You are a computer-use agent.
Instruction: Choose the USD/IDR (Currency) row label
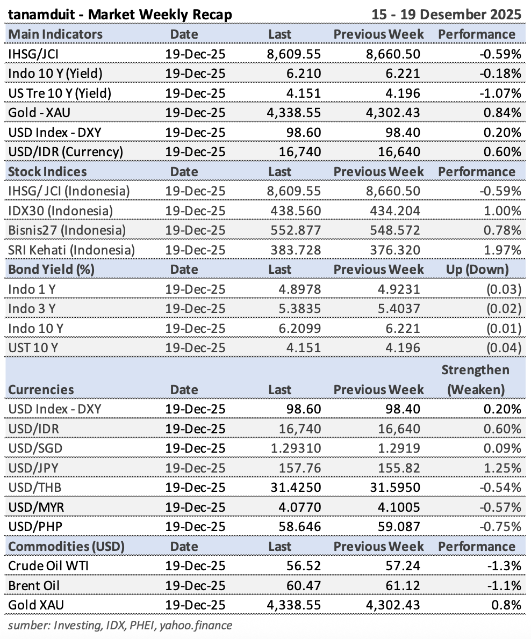coord(66,152)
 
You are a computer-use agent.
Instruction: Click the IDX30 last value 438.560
coord(294,210)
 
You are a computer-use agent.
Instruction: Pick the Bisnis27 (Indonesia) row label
coord(67,230)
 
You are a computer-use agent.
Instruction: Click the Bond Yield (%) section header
coord(51,270)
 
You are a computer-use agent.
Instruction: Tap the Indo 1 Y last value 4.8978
coord(298,289)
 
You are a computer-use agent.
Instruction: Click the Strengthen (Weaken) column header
coord(476,380)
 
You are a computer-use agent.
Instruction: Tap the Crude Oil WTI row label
coord(42,566)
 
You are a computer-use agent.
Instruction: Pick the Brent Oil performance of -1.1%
coord(507,585)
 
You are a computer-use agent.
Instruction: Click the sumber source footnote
coord(120,625)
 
